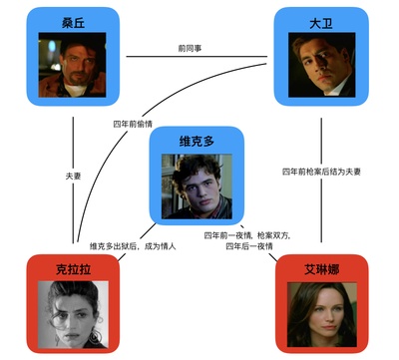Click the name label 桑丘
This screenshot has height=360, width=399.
pos(73,22)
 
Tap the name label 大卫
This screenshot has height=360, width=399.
pos(321,22)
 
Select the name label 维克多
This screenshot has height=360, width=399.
pos(197,140)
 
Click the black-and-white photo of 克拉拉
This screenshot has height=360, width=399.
pos(73,311)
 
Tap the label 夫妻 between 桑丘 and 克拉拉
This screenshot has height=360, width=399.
pos(73,176)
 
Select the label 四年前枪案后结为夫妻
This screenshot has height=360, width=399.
pos(321,172)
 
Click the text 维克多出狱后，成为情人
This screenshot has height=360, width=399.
pos(132,245)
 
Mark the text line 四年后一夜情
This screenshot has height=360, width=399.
pos(249,245)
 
